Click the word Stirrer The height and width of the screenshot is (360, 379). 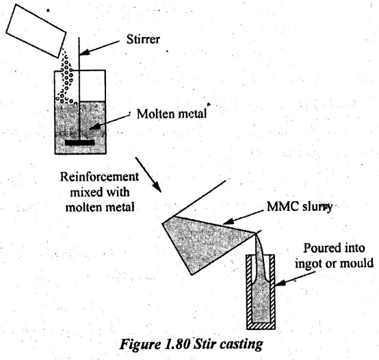143,40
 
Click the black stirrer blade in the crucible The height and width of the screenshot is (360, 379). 79,142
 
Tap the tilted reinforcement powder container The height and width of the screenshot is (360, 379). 36,31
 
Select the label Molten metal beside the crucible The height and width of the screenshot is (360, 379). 172,114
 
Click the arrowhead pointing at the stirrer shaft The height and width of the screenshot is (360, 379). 84,53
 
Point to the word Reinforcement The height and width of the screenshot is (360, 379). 99,177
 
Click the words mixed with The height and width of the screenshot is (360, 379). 100,192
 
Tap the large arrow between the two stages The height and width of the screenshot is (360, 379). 148,175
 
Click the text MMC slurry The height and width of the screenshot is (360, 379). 300,207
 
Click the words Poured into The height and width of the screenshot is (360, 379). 334,248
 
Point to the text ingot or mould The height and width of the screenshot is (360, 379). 334,263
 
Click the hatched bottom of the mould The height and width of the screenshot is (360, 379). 261,326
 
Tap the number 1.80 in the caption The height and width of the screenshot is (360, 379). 177,344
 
